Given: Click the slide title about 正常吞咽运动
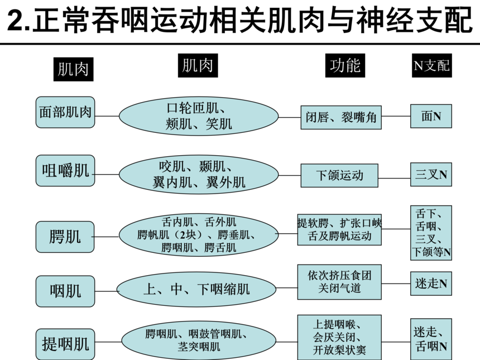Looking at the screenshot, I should (x=240, y=21).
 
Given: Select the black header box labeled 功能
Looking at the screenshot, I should (x=345, y=65).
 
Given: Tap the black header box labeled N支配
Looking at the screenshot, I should (x=430, y=65).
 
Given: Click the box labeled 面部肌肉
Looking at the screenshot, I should (x=65, y=112).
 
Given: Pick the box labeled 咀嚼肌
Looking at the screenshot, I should (x=65, y=170).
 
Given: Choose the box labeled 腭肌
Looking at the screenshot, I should (x=65, y=237).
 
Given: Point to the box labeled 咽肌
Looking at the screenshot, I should (x=65, y=290).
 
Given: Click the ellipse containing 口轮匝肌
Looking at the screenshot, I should (x=199, y=116).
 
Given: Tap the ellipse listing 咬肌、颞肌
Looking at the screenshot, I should (x=199, y=174).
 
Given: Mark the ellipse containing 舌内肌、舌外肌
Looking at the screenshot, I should (x=199, y=234).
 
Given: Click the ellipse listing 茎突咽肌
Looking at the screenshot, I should (x=199, y=340).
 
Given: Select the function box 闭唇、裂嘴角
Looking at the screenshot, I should (x=341, y=117).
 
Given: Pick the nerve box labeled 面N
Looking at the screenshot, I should (x=431, y=116).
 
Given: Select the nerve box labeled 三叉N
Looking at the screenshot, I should (x=431, y=175).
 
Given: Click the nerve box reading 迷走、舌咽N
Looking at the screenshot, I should (x=431, y=338).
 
